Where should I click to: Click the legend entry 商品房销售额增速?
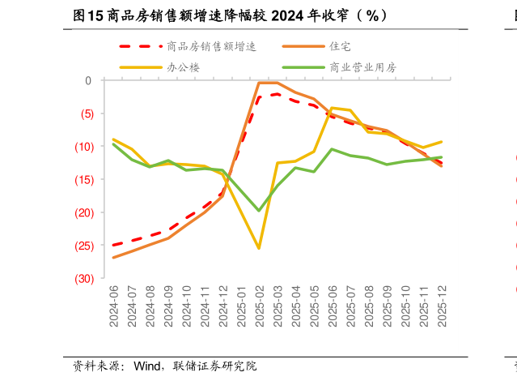[x=210, y=47]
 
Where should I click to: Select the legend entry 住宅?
[x=340, y=47]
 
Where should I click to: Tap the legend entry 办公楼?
[x=183, y=67]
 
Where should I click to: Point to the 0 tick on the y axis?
[x=88, y=80]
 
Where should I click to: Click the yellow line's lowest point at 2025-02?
[x=259, y=248]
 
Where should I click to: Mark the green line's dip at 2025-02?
[x=259, y=211]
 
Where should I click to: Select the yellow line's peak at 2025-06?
[x=332, y=108]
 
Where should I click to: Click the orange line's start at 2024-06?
[x=113, y=258]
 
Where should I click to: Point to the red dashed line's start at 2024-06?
[x=113, y=245]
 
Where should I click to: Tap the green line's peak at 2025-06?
[x=332, y=149]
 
